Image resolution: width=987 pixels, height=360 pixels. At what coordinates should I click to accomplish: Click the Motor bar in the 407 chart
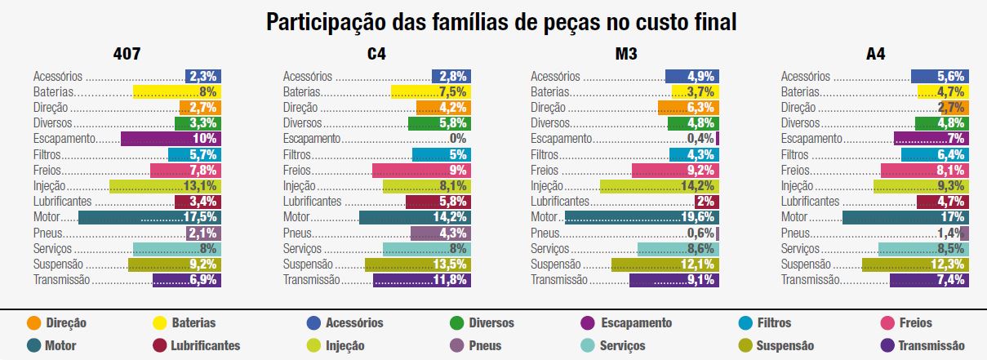[x=149, y=217]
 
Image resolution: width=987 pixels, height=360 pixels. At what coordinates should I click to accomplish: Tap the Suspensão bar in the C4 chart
[x=417, y=264]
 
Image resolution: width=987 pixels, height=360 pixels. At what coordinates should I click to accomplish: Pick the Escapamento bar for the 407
[x=171, y=139]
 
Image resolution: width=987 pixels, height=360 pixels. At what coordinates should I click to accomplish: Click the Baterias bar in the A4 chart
[x=943, y=92]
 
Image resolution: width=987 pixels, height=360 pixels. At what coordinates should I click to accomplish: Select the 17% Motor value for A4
[x=952, y=217]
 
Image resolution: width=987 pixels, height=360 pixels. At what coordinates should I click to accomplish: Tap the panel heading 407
[x=127, y=56]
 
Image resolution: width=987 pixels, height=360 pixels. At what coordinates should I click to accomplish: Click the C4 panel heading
[x=376, y=56]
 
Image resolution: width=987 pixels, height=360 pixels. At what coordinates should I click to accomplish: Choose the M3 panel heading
[x=626, y=56]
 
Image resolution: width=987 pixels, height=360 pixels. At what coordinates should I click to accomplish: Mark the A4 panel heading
[x=875, y=56]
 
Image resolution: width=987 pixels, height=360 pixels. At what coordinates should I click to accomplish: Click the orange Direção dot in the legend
[x=33, y=322]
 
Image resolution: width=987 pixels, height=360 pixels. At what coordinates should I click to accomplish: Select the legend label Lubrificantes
[x=205, y=345]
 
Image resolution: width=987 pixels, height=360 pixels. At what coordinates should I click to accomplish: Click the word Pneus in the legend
[x=485, y=345]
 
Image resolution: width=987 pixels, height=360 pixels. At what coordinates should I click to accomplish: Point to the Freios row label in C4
[x=297, y=171]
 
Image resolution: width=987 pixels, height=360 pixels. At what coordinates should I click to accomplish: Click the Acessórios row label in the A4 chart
[x=806, y=77]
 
